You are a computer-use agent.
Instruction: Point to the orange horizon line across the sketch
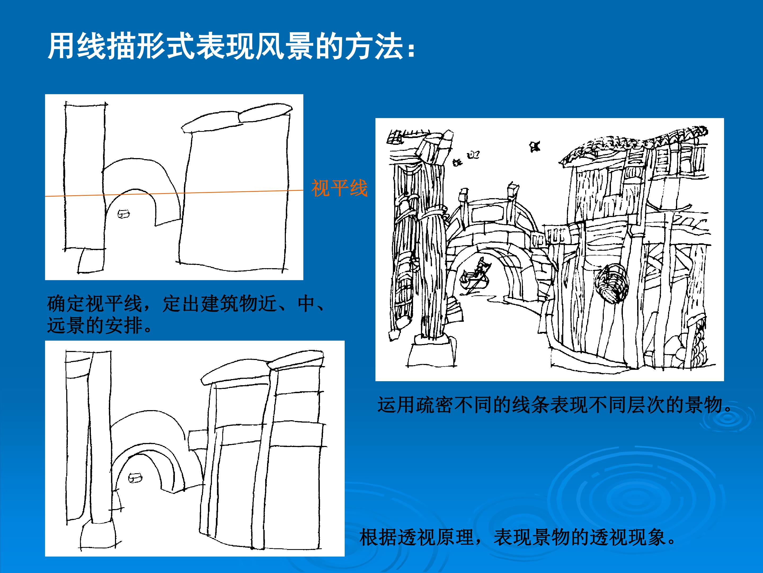(174, 193)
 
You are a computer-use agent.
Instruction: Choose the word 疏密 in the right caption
(435, 405)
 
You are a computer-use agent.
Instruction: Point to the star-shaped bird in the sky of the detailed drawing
(535, 146)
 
